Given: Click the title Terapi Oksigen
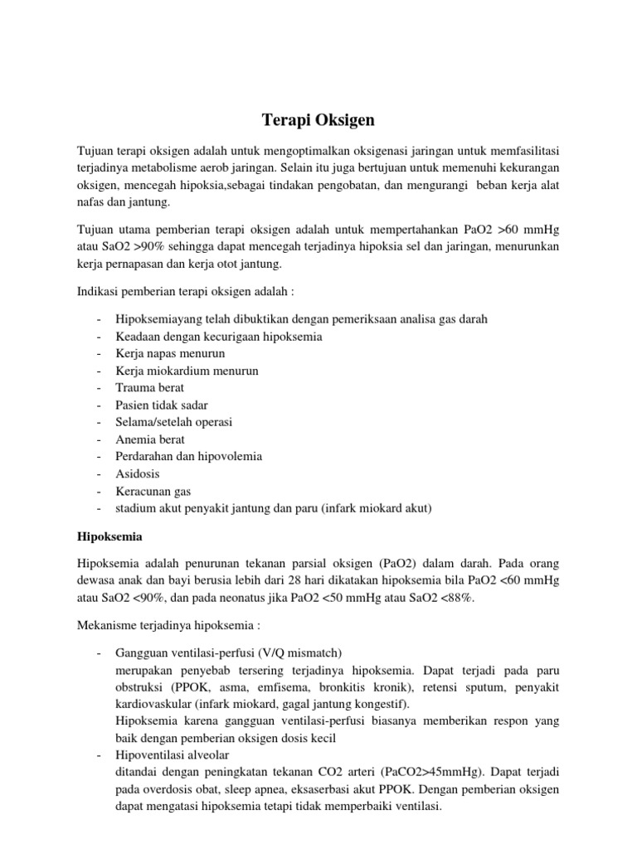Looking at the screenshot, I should [318, 120].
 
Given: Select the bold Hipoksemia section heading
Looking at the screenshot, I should [110, 536].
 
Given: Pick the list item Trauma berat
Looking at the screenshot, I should [150, 387].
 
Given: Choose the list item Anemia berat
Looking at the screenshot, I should [150, 439].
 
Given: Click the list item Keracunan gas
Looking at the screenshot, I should [154, 491].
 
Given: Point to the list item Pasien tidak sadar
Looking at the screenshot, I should [162, 405].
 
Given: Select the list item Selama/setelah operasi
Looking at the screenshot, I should [174, 422].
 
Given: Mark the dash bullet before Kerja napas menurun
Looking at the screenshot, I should [99, 353].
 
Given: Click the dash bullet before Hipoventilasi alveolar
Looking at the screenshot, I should [99, 755].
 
